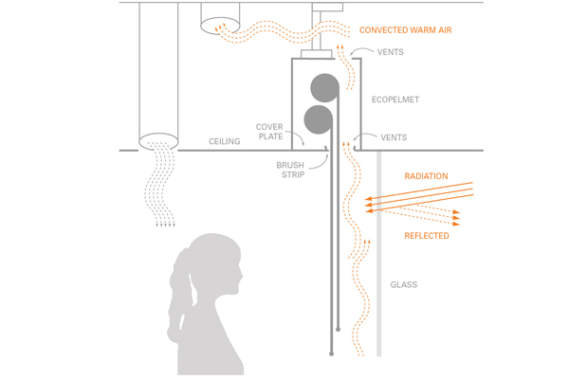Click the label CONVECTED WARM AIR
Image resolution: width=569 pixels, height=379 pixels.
pyautogui.click(x=405, y=30)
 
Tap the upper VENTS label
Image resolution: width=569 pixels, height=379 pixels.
pyautogui.click(x=390, y=52)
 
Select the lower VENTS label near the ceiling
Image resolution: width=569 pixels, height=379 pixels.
pyautogui.click(x=394, y=137)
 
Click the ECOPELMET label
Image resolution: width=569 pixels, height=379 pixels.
pyautogui.click(x=395, y=99)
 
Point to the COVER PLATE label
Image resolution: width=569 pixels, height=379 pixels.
pyautogui.click(x=269, y=132)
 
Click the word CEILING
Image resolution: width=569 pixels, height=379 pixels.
pyautogui.click(x=224, y=141)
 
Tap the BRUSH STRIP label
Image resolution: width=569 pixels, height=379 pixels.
pyautogui.click(x=291, y=170)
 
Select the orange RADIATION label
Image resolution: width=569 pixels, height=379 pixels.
pyautogui.click(x=426, y=176)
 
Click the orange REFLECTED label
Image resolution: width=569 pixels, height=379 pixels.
pyautogui.click(x=427, y=236)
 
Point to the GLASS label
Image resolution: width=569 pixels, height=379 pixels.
pyautogui.click(x=404, y=284)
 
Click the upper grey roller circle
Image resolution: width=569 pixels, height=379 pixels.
pyautogui.click(x=324, y=88)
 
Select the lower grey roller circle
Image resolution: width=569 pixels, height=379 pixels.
pyautogui.click(x=319, y=119)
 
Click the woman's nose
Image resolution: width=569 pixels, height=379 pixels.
pyautogui.click(x=241, y=277)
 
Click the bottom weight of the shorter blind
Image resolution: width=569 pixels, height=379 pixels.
pyautogui.click(x=338, y=330)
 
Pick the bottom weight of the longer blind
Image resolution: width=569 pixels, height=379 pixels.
pyautogui.click(x=331, y=353)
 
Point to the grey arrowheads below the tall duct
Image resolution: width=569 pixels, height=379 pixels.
pyautogui.click(x=165, y=226)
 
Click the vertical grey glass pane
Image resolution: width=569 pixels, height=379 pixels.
pyautogui.click(x=378, y=254)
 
